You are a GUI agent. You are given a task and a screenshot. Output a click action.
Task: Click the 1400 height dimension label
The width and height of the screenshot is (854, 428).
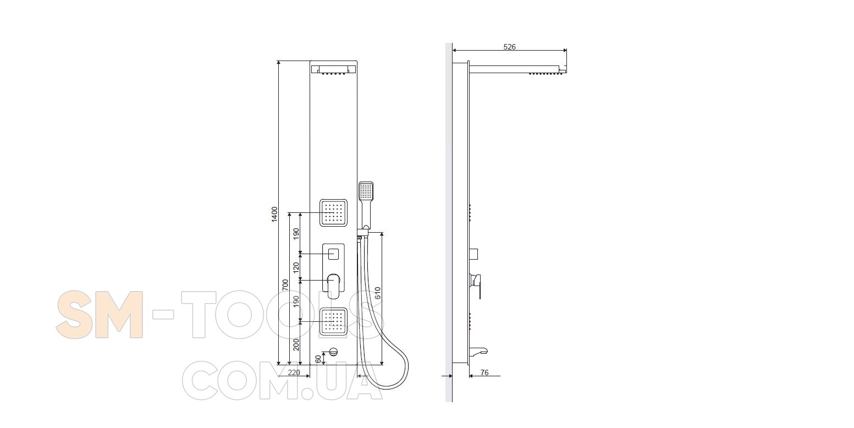pyautogui.click(x=274, y=215)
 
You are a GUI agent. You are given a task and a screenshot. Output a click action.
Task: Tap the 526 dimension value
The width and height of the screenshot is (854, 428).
pyautogui.click(x=509, y=47)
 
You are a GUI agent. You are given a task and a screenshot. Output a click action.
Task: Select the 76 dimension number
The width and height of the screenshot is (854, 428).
pyautogui.click(x=484, y=372)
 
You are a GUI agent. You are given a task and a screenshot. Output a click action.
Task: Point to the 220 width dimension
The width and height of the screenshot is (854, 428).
pyautogui.click(x=294, y=372)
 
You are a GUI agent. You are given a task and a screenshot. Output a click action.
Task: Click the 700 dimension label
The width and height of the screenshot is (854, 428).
pyautogui.click(x=285, y=285)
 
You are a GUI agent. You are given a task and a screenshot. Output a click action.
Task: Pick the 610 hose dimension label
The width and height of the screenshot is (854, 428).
pyautogui.click(x=378, y=293)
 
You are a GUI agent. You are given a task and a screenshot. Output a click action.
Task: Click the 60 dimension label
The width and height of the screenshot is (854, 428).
pyautogui.click(x=318, y=359)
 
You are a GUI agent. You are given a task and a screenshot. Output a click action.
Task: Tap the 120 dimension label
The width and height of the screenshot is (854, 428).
pyautogui.click(x=296, y=267)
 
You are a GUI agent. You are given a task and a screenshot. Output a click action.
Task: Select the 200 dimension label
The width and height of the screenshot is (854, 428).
pyautogui.click(x=296, y=344)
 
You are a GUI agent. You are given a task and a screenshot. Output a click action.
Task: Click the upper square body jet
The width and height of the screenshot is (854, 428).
pyautogui.click(x=333, y=212)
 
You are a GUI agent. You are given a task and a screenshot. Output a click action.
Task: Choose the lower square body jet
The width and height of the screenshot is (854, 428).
pyautogui.click(x=333, y=322)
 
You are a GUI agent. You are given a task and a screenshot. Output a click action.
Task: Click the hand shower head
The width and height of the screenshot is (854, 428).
pyautogui.click(x=366, y=191)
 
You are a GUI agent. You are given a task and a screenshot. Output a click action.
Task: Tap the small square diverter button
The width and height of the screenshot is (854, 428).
pyautogui.click(x=333, y=254)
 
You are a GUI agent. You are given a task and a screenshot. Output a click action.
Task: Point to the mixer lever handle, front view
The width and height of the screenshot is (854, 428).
pyautogui.click(x=333, y=286)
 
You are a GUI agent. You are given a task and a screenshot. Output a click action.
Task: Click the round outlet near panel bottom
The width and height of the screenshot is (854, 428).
pyautogui.click(x=333, y=352)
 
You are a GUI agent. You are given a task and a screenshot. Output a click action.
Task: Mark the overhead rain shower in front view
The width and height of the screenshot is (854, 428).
pyautogui.click(x=334, y=69)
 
